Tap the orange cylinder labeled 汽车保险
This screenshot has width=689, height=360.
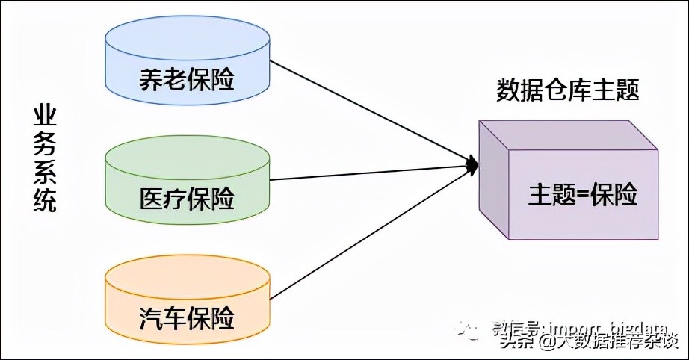(x=187, y=299)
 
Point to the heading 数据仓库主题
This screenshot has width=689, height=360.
(x=569, y=90)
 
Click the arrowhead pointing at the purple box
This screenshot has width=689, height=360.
(x=472, y=164)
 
